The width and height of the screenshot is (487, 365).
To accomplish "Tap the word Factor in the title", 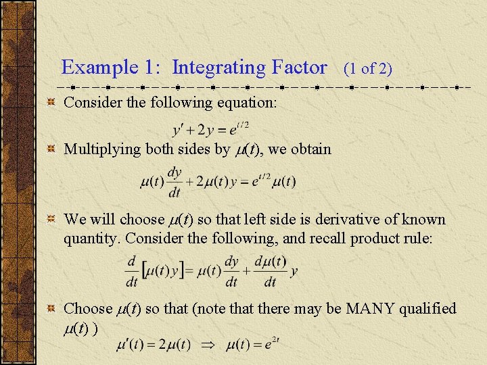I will point(298,68).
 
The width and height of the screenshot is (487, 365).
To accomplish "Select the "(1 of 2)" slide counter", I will point(368,69).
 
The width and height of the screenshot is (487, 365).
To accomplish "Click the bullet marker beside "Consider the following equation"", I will point(50,103).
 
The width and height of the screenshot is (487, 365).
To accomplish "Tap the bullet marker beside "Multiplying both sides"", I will point(50,149).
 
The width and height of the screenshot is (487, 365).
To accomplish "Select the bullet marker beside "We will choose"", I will point(50,220).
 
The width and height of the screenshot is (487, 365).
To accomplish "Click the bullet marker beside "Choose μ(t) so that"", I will point(50,309).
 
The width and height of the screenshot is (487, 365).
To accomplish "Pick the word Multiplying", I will point(102,149).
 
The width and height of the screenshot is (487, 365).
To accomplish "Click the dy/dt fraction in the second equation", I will point(175,182).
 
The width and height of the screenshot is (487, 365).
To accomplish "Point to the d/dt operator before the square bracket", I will point(133,270).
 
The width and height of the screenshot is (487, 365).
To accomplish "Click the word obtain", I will point(311,149).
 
